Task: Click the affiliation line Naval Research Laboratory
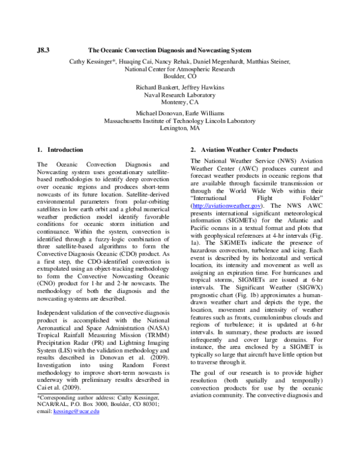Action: (x=179, y=94)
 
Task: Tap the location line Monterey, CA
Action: (x=179, y=102)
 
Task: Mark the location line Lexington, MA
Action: (x=179, y=127)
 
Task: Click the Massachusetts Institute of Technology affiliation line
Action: (x=179, y=120)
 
